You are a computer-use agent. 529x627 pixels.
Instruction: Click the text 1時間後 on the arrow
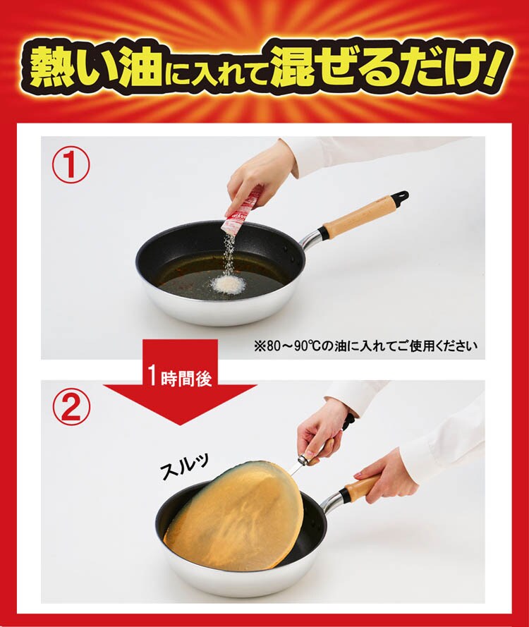180,376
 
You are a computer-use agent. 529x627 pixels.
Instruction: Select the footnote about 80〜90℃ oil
366,345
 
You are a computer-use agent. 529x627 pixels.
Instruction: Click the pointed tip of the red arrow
180,425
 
